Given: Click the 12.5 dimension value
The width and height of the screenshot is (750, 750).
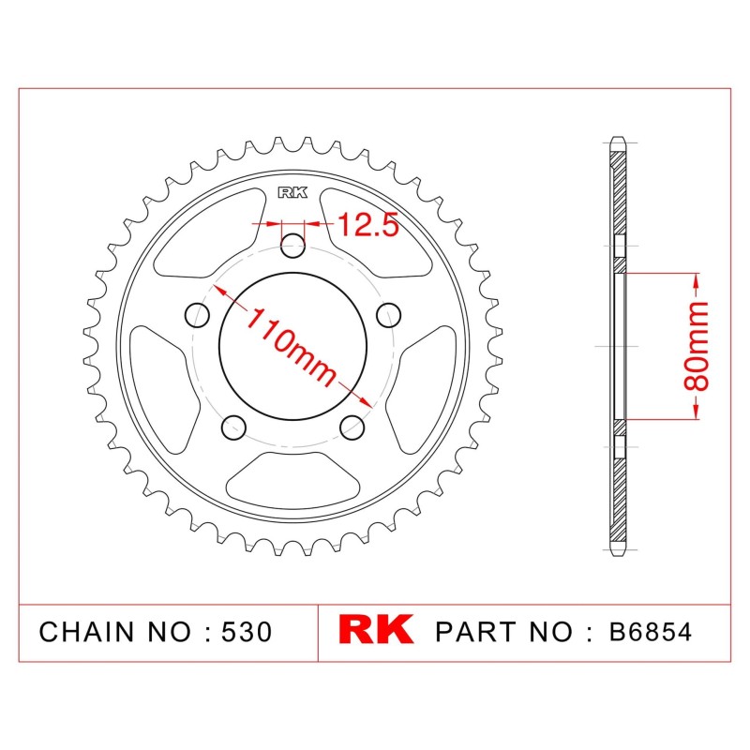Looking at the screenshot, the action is coord(367,225).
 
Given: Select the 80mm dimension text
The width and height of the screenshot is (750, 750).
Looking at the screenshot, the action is coord(696,346).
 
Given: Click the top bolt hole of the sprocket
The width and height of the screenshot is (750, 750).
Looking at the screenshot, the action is coord(292,246).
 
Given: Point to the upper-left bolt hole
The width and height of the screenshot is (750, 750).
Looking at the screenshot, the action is coord(197,315).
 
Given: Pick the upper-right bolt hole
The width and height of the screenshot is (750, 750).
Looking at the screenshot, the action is coord(388,315).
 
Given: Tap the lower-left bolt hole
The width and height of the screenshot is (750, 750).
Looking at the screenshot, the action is coord(233,427).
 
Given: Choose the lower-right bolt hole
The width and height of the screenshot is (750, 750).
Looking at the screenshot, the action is coord(352,427).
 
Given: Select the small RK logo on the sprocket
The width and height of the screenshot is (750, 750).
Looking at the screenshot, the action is coord(292,193).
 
